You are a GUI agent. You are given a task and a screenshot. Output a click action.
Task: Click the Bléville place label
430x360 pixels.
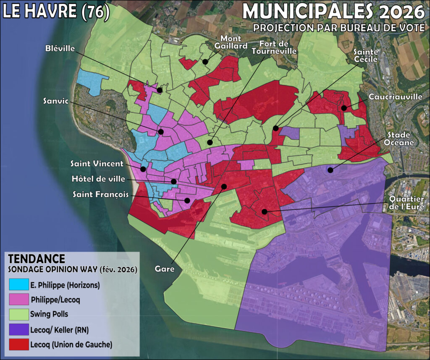(60, 49)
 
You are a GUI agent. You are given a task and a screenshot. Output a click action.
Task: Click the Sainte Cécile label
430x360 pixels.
(366, 55)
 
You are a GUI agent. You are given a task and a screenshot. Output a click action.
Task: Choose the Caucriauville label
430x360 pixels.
(395, 97)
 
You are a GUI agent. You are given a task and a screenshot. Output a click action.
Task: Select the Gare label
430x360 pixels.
(165, 269)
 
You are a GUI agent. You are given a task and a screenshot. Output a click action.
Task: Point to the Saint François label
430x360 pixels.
(100, 194)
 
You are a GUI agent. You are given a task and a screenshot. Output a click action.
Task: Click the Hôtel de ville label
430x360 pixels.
(98, 179)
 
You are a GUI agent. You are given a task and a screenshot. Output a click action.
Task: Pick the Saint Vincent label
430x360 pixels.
(97, 164)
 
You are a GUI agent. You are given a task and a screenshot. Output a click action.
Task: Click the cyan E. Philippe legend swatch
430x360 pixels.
(18, 285)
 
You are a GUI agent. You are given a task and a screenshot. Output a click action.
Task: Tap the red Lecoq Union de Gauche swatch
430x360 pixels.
(18, 344)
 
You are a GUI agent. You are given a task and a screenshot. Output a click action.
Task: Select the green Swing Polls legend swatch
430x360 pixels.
(18, 313)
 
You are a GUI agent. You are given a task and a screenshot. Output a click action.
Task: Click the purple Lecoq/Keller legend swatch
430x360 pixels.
(18, 329)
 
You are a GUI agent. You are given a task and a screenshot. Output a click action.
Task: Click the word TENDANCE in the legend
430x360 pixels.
(37, 259)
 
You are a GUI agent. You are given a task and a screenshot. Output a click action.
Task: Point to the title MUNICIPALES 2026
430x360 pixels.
(333, 12)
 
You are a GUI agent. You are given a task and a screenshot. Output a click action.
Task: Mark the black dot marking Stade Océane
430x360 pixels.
(330, 170)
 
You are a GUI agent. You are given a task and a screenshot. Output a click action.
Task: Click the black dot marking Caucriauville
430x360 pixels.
(344, 108)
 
